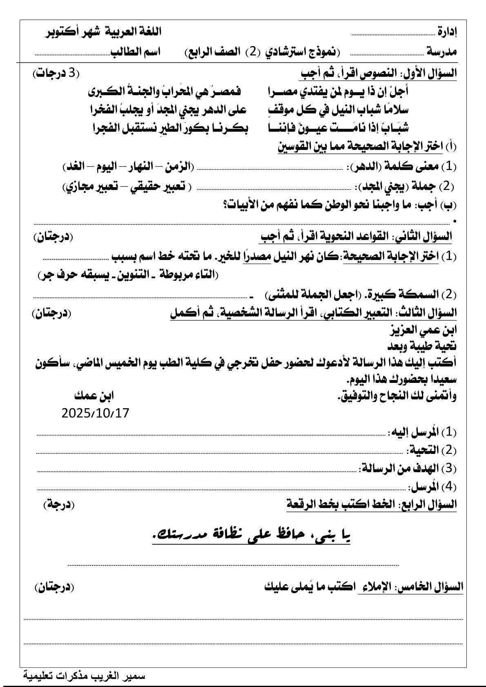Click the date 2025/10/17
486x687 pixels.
click(x=95, y=413)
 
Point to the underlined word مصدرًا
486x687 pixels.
click(x=257, y=256)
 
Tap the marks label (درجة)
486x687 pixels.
click(x=59, y=504)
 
